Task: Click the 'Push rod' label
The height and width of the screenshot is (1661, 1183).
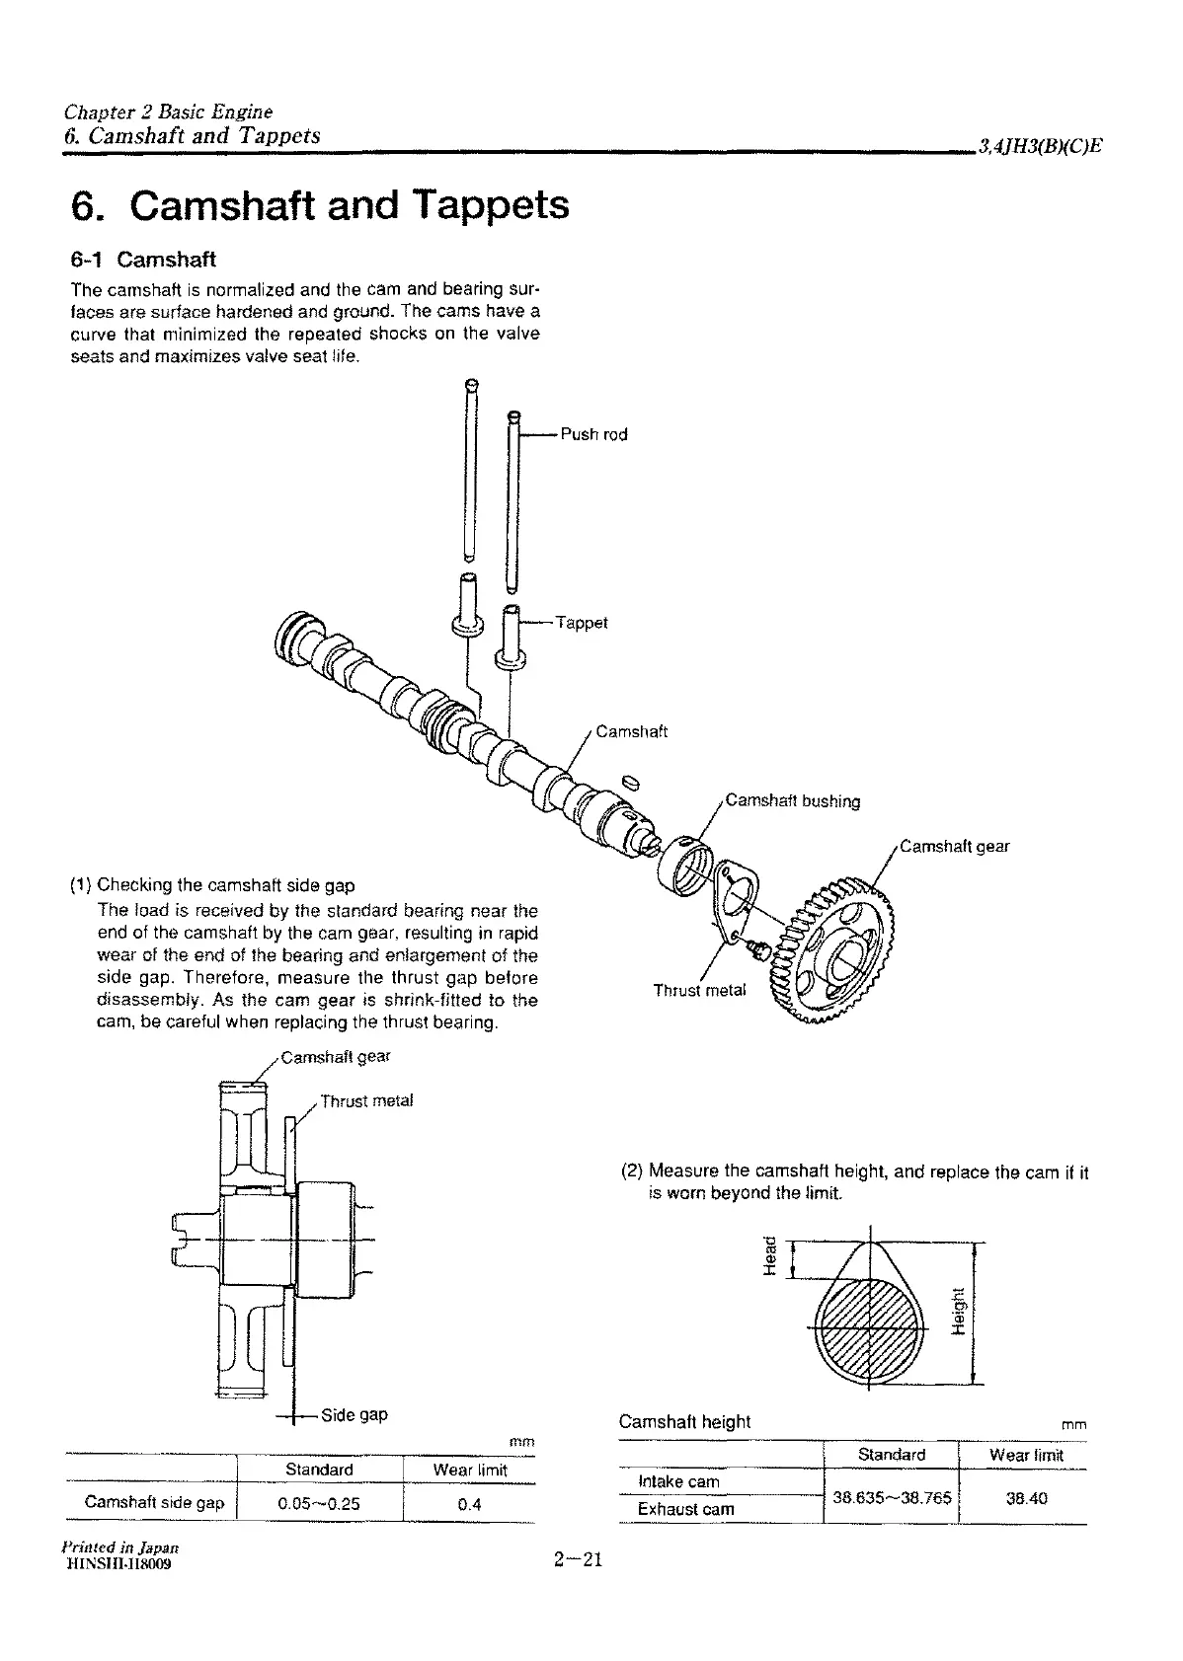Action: point(593,434)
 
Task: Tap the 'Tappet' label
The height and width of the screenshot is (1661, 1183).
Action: point(582,623)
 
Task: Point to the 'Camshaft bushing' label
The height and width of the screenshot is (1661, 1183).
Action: point(792,800)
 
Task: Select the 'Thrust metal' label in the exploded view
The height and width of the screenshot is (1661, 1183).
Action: point(700,990)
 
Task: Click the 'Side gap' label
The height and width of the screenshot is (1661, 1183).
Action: point(354,1414)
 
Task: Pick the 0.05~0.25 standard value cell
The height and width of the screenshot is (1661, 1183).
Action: point(319,1504)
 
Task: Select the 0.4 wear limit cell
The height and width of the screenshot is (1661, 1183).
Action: point(469,1504)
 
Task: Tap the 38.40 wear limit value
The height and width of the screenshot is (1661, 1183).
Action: point(1026,1497)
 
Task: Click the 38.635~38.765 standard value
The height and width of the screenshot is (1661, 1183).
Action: point(892,1497)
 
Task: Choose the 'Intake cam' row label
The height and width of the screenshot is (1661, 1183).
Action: point(679,1481)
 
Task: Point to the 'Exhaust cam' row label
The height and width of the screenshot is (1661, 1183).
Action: point(685,1509)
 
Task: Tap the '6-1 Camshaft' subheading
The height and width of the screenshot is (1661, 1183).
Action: point(143,260)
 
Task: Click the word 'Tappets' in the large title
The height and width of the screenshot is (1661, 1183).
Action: point(491,205)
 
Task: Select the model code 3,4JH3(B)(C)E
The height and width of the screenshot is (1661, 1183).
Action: point(1039,147)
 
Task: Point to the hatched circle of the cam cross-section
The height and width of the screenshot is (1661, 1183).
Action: point(870,1327)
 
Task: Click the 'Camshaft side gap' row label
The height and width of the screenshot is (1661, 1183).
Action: point(155,1503)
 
